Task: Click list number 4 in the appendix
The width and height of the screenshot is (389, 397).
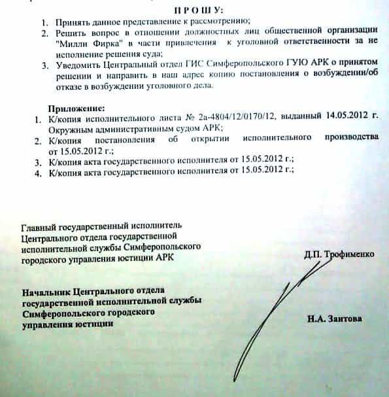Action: [x=37, y=171]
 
